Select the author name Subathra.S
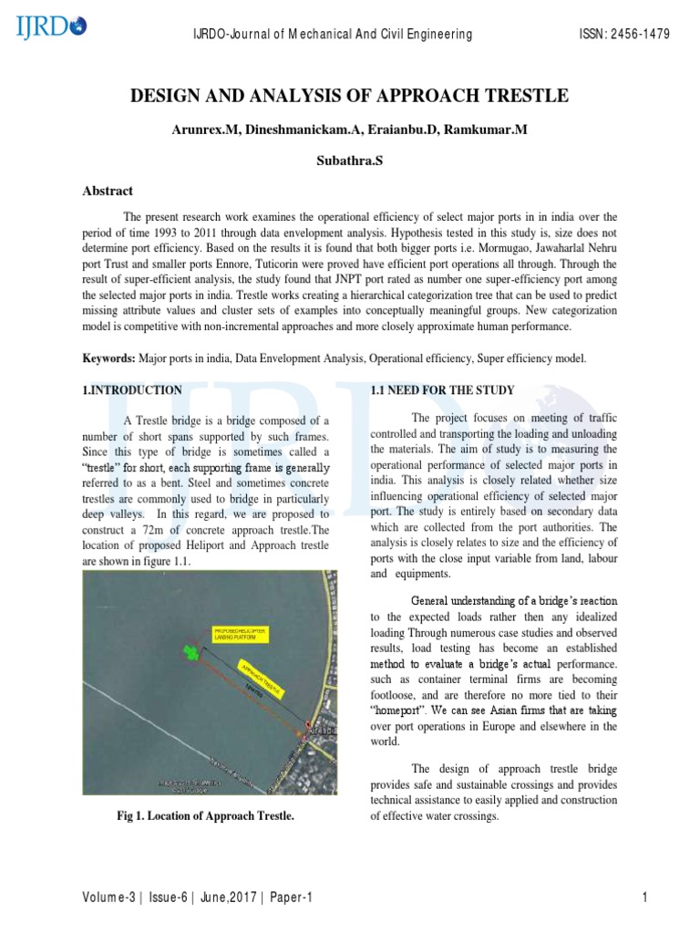pyautogui.click(x=350, y=160)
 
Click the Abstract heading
pyautogui.click(x=108, y=191)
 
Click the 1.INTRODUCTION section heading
pyautogui.click(x=132, y=390)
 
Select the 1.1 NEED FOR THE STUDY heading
pyautogui.click(x=442, y=390)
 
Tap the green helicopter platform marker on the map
pyautogui.click(x=190, y=650)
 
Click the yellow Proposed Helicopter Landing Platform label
pyautogui.click(x=241, y=634)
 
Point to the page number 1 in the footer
pyautogui.click(x=644, y=898)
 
